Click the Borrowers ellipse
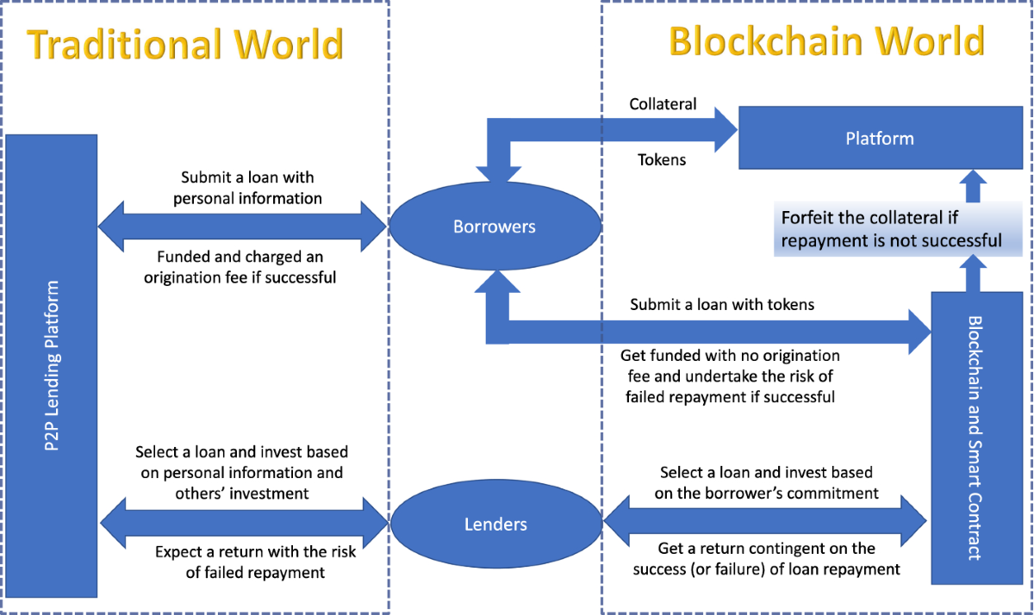coord(494,227)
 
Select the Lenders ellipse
coord(496,524)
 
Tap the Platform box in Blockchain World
coord(879,138)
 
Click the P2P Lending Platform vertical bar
coord(52,365)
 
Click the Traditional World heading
coord(185,44)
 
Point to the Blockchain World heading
coord(826,40)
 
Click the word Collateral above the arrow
coord(663,104)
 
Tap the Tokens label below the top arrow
coord(662,159)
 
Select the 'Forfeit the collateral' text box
coord(891,229)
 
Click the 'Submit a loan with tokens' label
coord(722,304)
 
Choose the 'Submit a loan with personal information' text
coord(247,188)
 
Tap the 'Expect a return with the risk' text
coord(255,562)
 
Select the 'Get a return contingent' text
coord(766,558)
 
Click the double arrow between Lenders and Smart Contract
coord(765,520)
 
